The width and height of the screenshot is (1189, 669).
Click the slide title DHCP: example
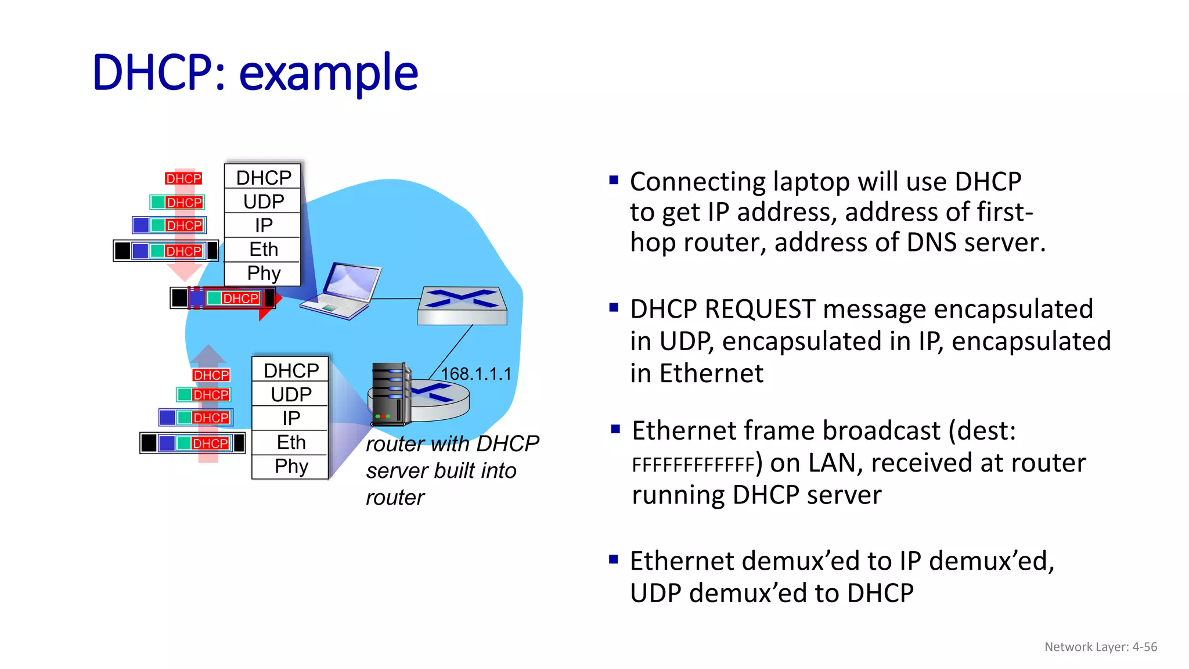[x=255, y=73]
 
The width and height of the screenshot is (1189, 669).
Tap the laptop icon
[x=343, y=292]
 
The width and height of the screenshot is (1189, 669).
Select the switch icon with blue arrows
[x=462, y=305]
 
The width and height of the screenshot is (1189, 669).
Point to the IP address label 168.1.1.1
[x=476, y=374]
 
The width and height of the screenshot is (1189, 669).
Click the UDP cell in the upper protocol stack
[x=264, y=202]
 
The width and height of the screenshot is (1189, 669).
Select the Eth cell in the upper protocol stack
[x=264, y=250]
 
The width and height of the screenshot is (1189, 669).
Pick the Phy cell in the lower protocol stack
[x=291, y=467]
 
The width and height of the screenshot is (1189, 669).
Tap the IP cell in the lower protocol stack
[x=291, y=418]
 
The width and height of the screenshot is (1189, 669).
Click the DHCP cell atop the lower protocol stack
[x=291, y=371]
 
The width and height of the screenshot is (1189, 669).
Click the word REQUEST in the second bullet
[x=760, y=310]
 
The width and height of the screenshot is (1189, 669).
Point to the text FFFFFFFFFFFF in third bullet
[x=693, y=465]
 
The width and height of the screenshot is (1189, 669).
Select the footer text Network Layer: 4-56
[x=1100, y=647]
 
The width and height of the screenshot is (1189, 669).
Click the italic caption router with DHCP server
[x=452, y=458]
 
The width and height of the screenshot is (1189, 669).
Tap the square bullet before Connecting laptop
[x=614, y=180]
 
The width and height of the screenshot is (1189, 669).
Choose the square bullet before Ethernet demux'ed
[x=614, y=560]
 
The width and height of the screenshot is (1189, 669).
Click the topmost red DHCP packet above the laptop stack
[x=183, y=178]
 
